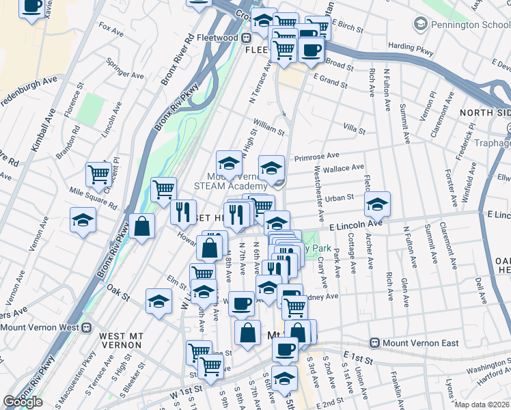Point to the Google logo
pyautogui.click(x=23, y=402)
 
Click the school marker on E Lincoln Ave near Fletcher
pyautogui.click(x=377, y=203)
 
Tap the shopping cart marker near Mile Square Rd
pyautogui.click(x=99, y=174)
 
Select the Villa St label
pyautogui.click(x=355, y=128)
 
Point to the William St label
pyautogui.click(x=268, y=126)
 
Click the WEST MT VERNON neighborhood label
pyautogui.click(x=112, y=340)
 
